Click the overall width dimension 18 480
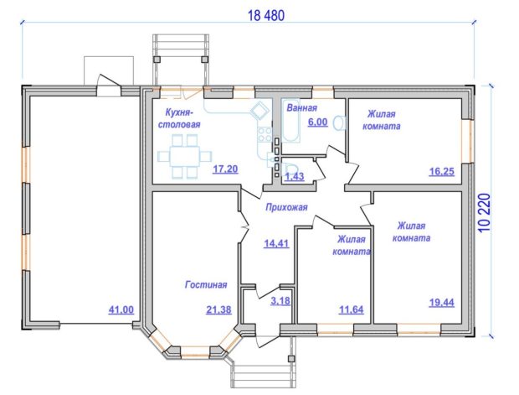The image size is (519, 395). click(266, 16)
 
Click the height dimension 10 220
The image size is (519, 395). click(484, 212)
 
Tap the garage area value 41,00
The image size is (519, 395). click(121, 309)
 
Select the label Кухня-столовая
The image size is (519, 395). click(179, 118)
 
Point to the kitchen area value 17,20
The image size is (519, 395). click(225, 169)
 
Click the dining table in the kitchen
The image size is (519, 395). click(185, 156)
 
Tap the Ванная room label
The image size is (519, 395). click(301, 108)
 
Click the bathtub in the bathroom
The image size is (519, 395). click(290, 121)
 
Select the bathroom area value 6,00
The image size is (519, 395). click(317, 122)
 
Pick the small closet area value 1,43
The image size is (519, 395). click(295, 176)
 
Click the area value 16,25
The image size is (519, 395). click(441, 171)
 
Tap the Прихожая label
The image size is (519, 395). click(286, 207)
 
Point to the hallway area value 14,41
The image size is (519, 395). click(276, 244)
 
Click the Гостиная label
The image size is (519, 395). click(206, 284)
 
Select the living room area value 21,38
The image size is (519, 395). click(218, 309)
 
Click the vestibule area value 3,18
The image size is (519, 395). click(280, 301)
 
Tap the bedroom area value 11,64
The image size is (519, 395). click(351, 309)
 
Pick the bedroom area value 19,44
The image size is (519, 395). click(441, 303)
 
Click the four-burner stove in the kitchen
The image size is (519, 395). click(265, 133)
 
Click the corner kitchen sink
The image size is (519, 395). click(259, 110)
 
